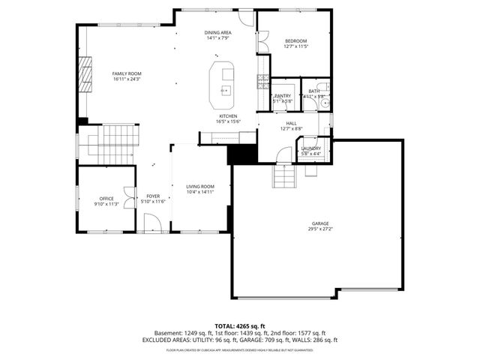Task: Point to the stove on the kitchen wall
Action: [262, 79]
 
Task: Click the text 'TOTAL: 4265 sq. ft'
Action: [239, 325]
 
